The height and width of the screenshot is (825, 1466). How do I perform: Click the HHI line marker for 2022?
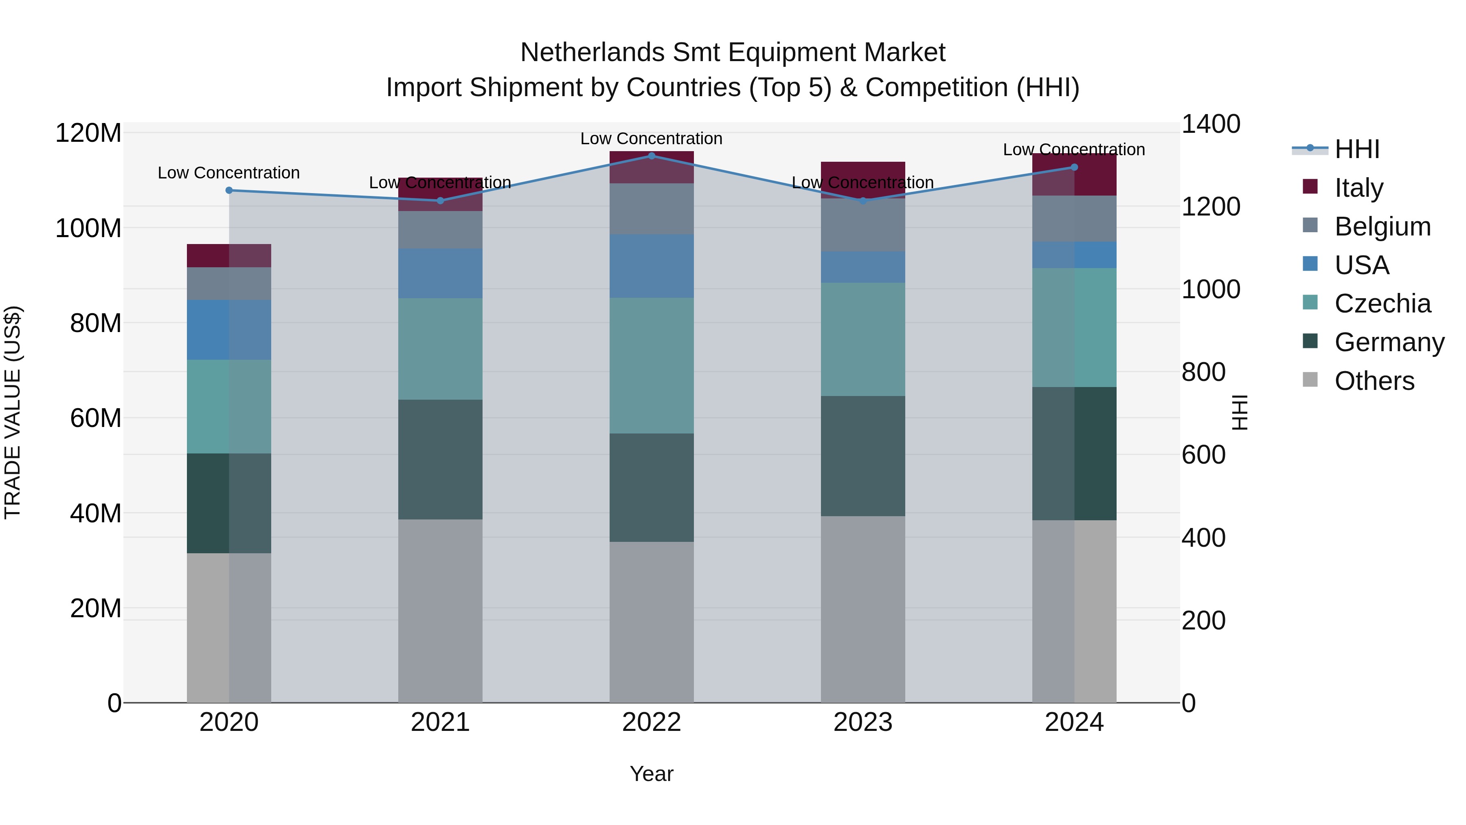point(652,156)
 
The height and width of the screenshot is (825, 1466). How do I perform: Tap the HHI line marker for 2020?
point(229,190)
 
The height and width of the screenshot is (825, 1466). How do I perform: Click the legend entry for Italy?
point(1358,188)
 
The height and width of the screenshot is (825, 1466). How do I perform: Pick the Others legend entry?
point(1374,381)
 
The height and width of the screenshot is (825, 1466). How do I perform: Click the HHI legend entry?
point(1357,149)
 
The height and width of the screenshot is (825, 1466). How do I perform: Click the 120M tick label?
point(88,133)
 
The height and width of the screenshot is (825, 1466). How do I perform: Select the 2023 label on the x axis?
point(863,722)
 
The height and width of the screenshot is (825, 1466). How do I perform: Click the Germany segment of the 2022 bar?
point(652,487)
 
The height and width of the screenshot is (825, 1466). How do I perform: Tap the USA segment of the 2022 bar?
point(652,266)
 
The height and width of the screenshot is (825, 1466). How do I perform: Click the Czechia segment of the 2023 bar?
point(863,339)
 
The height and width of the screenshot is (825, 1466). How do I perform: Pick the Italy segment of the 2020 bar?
point(229,255)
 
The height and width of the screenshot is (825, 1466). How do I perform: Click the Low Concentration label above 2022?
point(651,139)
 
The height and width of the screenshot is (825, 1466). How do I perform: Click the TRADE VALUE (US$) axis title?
point(13,412)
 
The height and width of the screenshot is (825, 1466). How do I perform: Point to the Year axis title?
point(651,774)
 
